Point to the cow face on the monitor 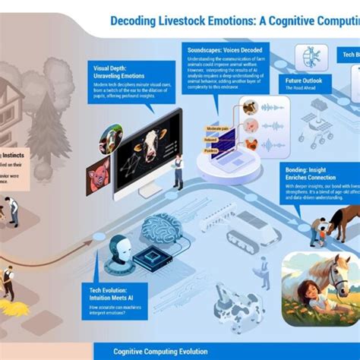(149, 144)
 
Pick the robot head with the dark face (126, 251)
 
